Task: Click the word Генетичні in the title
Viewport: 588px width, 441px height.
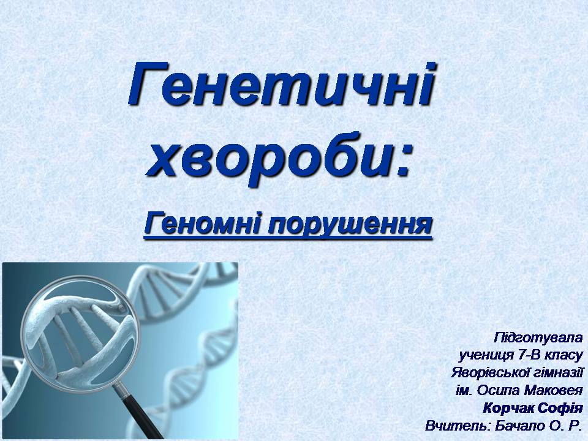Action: tap(281, 85)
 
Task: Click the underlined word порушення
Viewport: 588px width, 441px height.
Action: tap(349, 225)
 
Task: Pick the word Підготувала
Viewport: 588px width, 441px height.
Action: tap(538, 337)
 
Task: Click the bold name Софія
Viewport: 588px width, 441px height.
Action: tap(560, 408)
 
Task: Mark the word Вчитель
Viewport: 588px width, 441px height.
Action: tap(458, 426)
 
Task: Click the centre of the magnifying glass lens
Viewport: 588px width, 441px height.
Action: tap(81, 334)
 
